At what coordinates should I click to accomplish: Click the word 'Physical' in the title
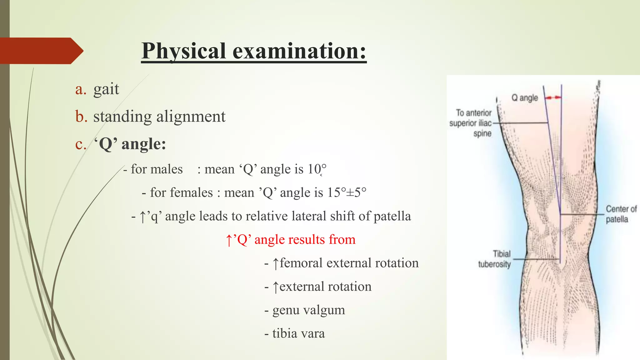[x=184, y=51]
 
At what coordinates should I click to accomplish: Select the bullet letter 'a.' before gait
[x=81, y=89]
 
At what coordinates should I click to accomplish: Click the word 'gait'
[x=106, y=89]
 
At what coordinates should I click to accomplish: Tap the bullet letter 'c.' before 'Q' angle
[x=81, y=144]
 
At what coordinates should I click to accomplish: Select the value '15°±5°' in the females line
[x=347, y=192]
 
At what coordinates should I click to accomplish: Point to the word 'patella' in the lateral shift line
[x=392, y=216]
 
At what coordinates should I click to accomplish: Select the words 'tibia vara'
[x=298, y=333]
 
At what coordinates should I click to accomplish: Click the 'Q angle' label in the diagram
[x=524, y=98]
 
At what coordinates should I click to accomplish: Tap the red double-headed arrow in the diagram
[x=553, y=98]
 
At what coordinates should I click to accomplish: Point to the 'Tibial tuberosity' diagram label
[x=494, y=259]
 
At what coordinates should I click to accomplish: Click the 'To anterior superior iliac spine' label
[x=471, y=123]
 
